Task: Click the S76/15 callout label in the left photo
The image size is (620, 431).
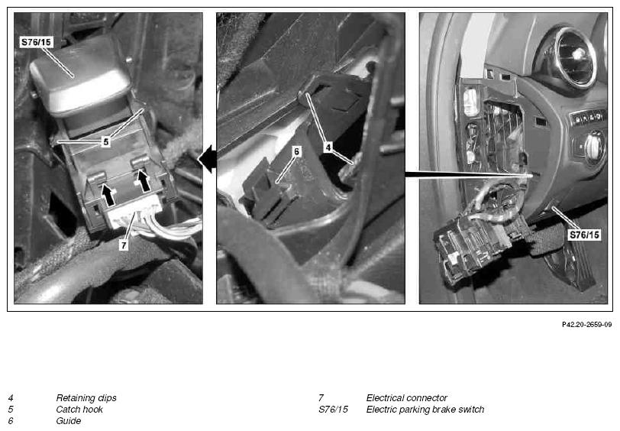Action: click(37, 42)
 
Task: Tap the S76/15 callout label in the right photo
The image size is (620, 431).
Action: click(584, 235)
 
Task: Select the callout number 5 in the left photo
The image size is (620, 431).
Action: click(105, 141)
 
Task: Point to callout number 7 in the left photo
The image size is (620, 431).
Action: click(124, 245)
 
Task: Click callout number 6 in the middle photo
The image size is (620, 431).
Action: click(296, 151)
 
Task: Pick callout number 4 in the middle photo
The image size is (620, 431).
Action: click(328, 147)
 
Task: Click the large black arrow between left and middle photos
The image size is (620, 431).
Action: click(207, 159)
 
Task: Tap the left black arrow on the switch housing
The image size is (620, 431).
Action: click(108, 194)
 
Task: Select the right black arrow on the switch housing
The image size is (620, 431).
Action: click(143, 180)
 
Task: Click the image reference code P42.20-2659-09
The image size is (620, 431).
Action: click(586, 325)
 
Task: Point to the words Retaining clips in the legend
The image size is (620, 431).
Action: click(86, 397)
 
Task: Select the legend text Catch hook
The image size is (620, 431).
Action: click(79, 410)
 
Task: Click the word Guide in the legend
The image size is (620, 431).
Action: click(69, 421)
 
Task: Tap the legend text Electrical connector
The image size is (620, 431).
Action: click(406, 397)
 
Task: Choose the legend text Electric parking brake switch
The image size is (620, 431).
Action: click(425, 410)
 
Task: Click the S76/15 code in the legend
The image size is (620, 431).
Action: click(334, 410)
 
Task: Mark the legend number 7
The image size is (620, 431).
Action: click(321, 397)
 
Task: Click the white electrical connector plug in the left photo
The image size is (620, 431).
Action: click(134, 212)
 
